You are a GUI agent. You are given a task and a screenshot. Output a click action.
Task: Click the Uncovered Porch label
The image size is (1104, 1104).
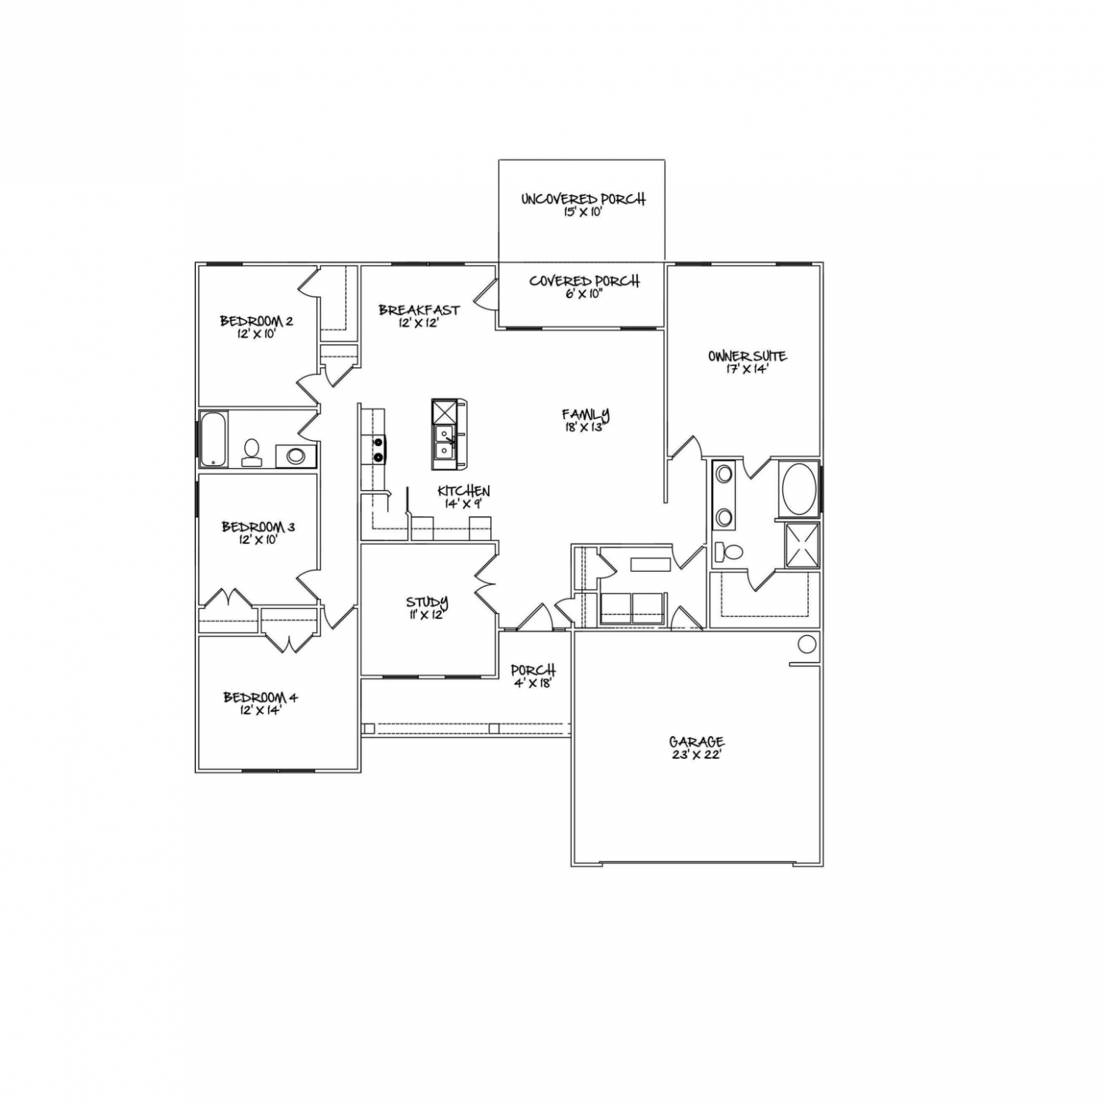click(583, 205)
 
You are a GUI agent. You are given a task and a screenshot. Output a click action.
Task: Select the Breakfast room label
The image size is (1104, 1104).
click(419, 316)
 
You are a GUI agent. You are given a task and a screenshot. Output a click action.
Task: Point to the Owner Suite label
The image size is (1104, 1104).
click(748, 362)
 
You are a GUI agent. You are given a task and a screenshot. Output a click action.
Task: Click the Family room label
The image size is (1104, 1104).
click(586, 420)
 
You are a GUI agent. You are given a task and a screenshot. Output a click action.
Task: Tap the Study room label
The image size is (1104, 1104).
click(427, 608)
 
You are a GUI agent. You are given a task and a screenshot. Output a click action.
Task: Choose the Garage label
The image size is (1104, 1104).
click(696, 748)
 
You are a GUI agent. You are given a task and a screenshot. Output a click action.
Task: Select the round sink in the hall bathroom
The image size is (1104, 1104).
click(296, 456)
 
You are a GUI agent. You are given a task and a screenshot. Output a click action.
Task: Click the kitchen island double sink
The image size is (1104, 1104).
click(444, 441)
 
